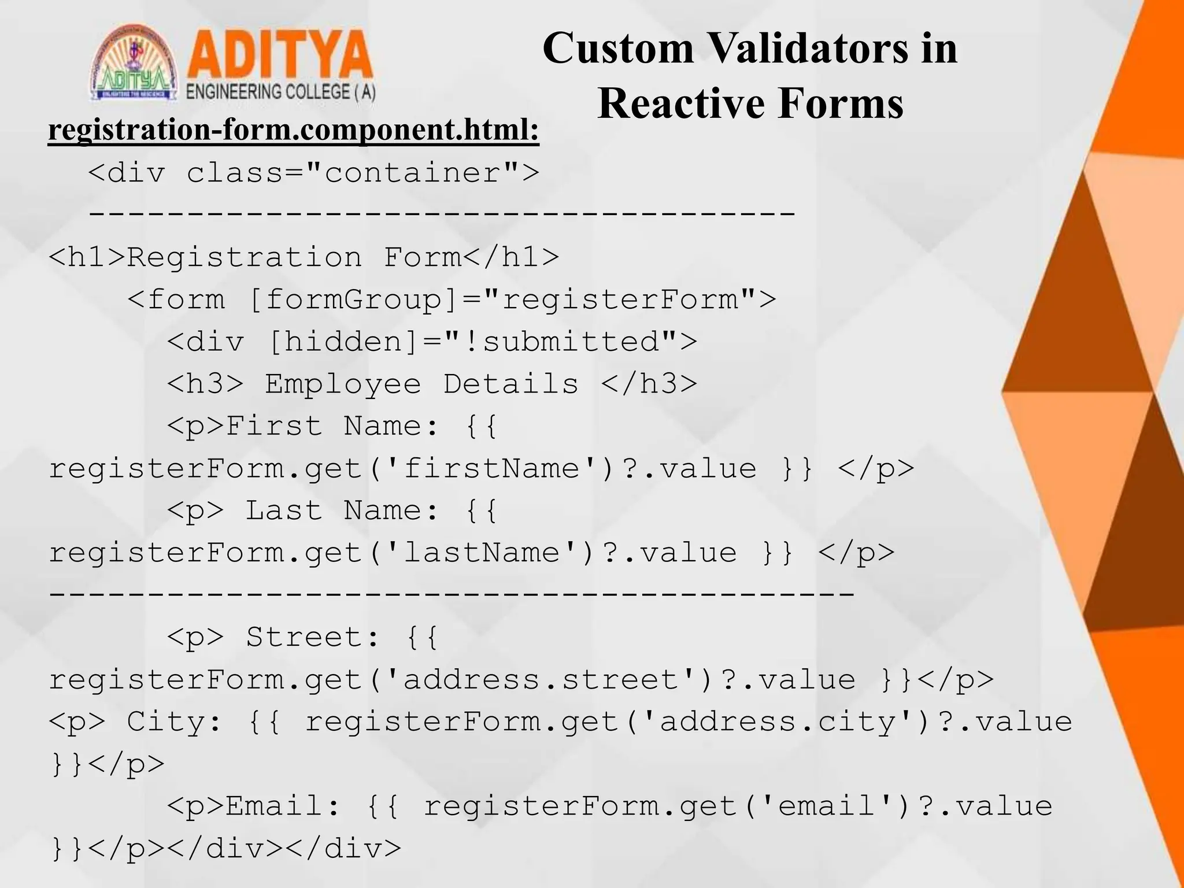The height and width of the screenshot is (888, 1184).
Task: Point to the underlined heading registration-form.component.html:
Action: coord(294,129)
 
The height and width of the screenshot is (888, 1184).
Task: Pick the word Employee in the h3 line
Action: coord(343,384)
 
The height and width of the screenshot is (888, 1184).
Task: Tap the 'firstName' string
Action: coord(491,468)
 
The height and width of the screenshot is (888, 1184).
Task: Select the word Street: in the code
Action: coord(313,637)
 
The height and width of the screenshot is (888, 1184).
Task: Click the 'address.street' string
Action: coord(541,679)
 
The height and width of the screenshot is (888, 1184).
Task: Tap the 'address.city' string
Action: coord(778,721)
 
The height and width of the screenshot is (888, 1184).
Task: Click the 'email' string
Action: coord(827,806)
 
